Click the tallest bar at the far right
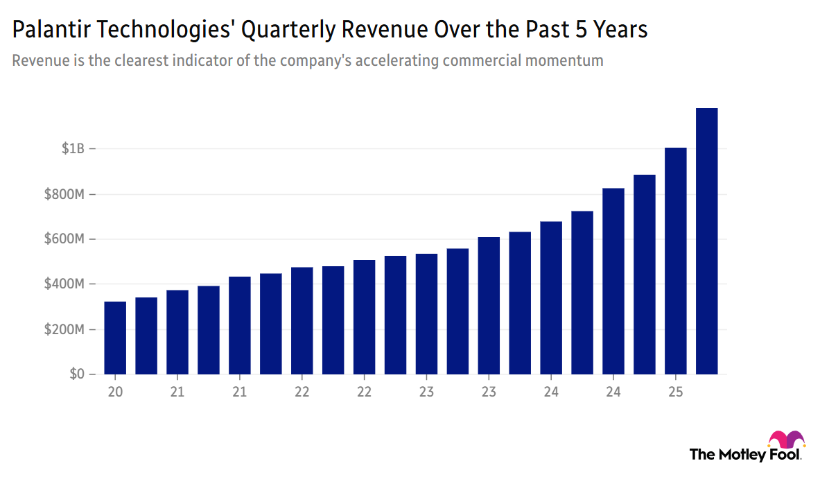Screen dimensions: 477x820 (x=706, y=241)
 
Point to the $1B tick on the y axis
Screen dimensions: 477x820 (x=73, y=149)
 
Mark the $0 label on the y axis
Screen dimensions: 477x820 (x=78, y=374)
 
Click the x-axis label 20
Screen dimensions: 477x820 (x=115, y=392)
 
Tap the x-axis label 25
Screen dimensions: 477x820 (x=675, y=392)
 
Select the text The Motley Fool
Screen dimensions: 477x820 (x=745, y=455)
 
